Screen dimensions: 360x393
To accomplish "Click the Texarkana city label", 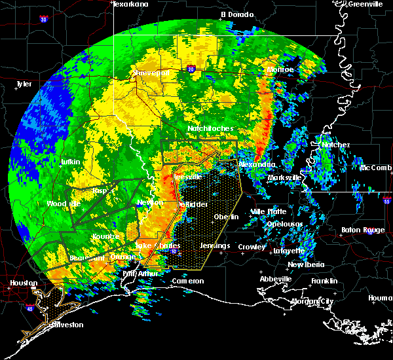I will pos(130,4).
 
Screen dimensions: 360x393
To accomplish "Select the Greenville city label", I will pos(366,4).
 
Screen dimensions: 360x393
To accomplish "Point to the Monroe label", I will pos(280,69).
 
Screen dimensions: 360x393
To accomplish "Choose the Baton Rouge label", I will pos(364,230).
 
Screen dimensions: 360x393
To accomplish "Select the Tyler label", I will pos(24,84).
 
